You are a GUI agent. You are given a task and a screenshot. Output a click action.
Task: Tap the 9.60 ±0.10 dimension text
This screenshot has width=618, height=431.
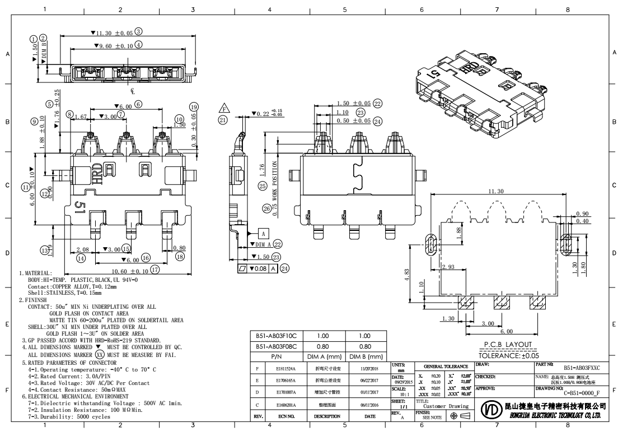[115, 45]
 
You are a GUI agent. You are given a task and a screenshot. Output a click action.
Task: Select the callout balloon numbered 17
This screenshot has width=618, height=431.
[154, 269]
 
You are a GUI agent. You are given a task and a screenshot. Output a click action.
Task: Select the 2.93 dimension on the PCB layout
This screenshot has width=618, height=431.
[447, 267]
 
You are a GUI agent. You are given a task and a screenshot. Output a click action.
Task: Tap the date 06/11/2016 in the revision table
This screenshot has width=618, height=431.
[370, 404]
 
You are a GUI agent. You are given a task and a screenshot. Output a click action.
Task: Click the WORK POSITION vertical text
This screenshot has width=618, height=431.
[275, 180]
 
